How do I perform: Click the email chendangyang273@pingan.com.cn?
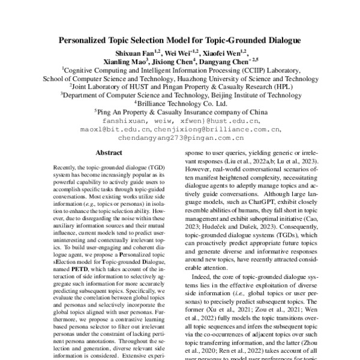point(180,137)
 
